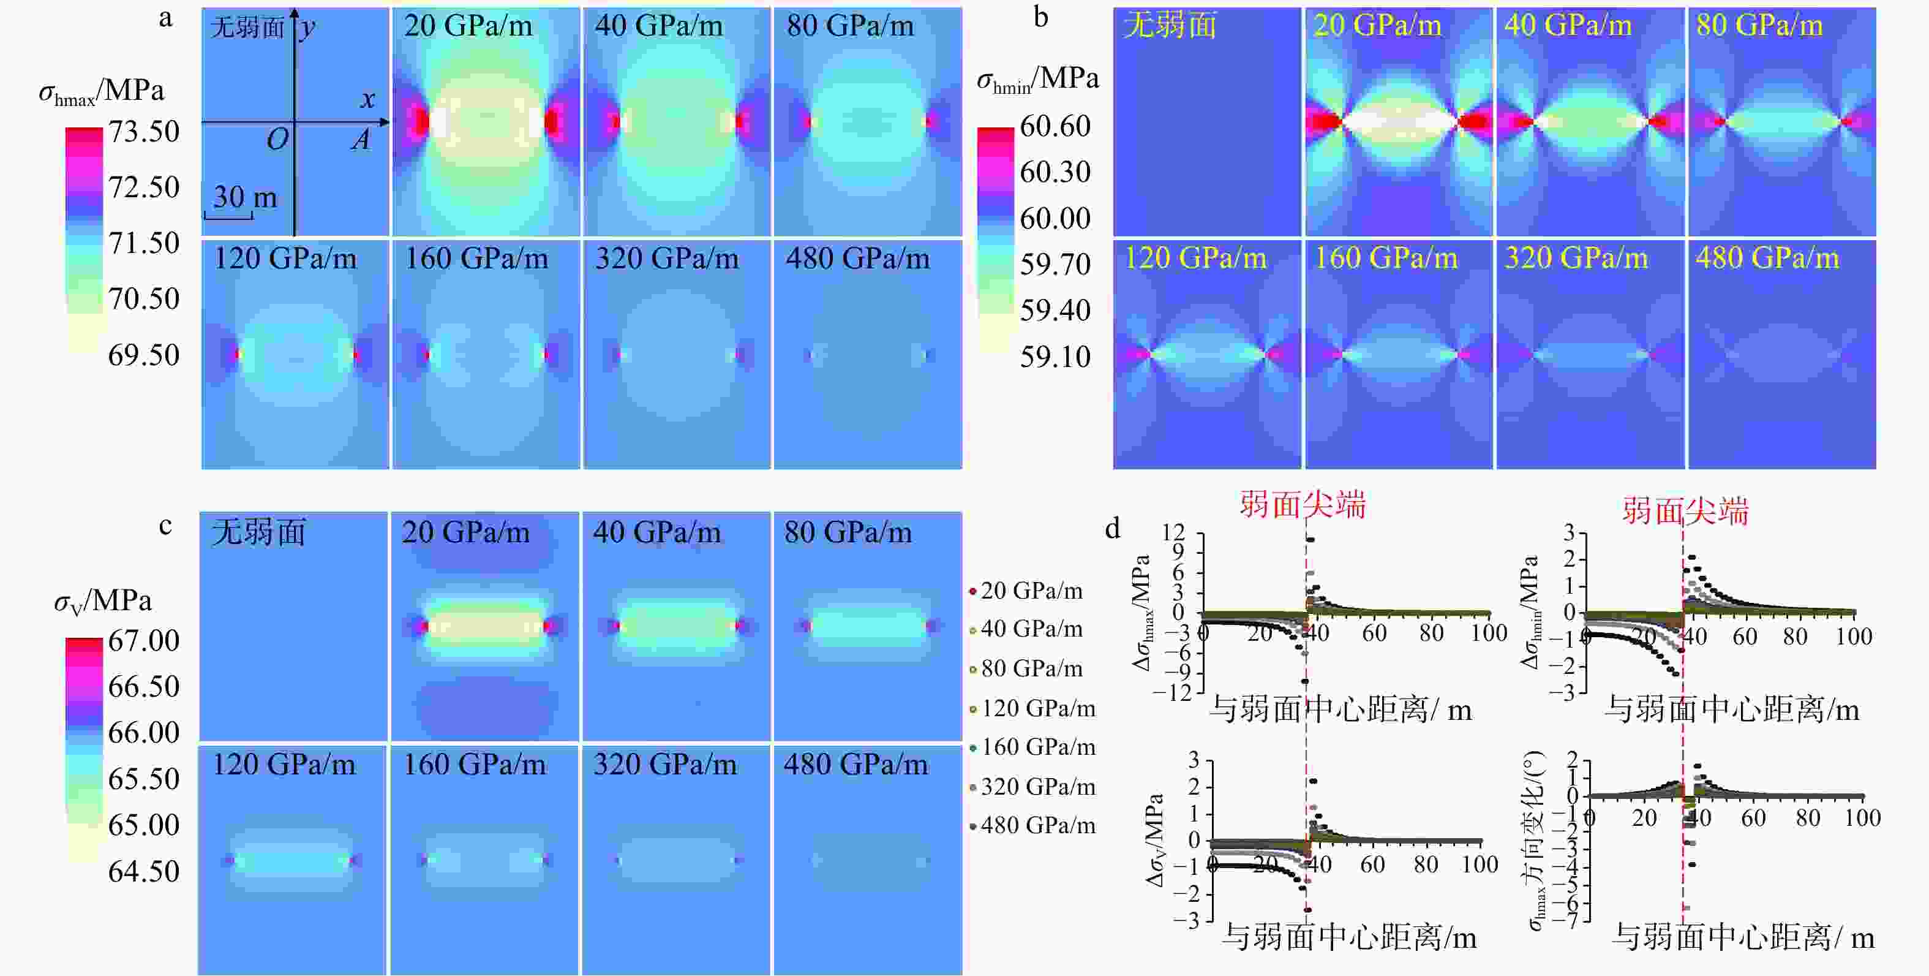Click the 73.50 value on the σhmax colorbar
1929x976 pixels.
point(144,132)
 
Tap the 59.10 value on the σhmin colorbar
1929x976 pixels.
point(1055,357)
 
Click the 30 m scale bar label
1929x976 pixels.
point(245,197)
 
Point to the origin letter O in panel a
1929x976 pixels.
point(277,139)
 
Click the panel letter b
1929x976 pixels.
point(1040,17)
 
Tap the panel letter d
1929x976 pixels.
point(1113,529)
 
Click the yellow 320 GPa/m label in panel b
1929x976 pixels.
point(1576,259)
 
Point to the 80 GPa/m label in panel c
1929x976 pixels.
point(848,532)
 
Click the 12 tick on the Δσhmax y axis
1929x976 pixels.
point(1173,533)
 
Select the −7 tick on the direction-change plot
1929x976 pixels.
point(1565,919)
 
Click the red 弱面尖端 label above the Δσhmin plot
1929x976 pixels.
point(1685,512)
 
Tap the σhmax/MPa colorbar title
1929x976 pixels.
point(101,91)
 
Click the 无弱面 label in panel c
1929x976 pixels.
point(258,532)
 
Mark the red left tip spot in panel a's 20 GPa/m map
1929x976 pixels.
point(421,121)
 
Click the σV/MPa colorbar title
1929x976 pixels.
point(103,602)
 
